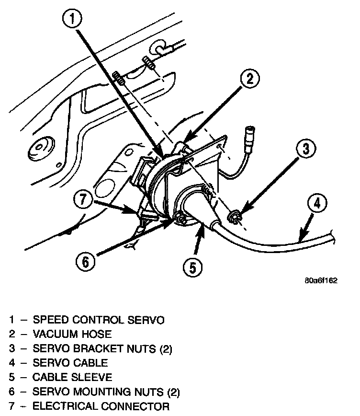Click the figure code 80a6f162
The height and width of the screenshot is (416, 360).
pos(321,281)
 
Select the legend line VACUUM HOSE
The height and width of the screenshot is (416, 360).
pos(72,334)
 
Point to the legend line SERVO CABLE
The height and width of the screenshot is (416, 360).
pos(70,363)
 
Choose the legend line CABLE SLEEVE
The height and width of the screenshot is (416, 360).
pos(71,377)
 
